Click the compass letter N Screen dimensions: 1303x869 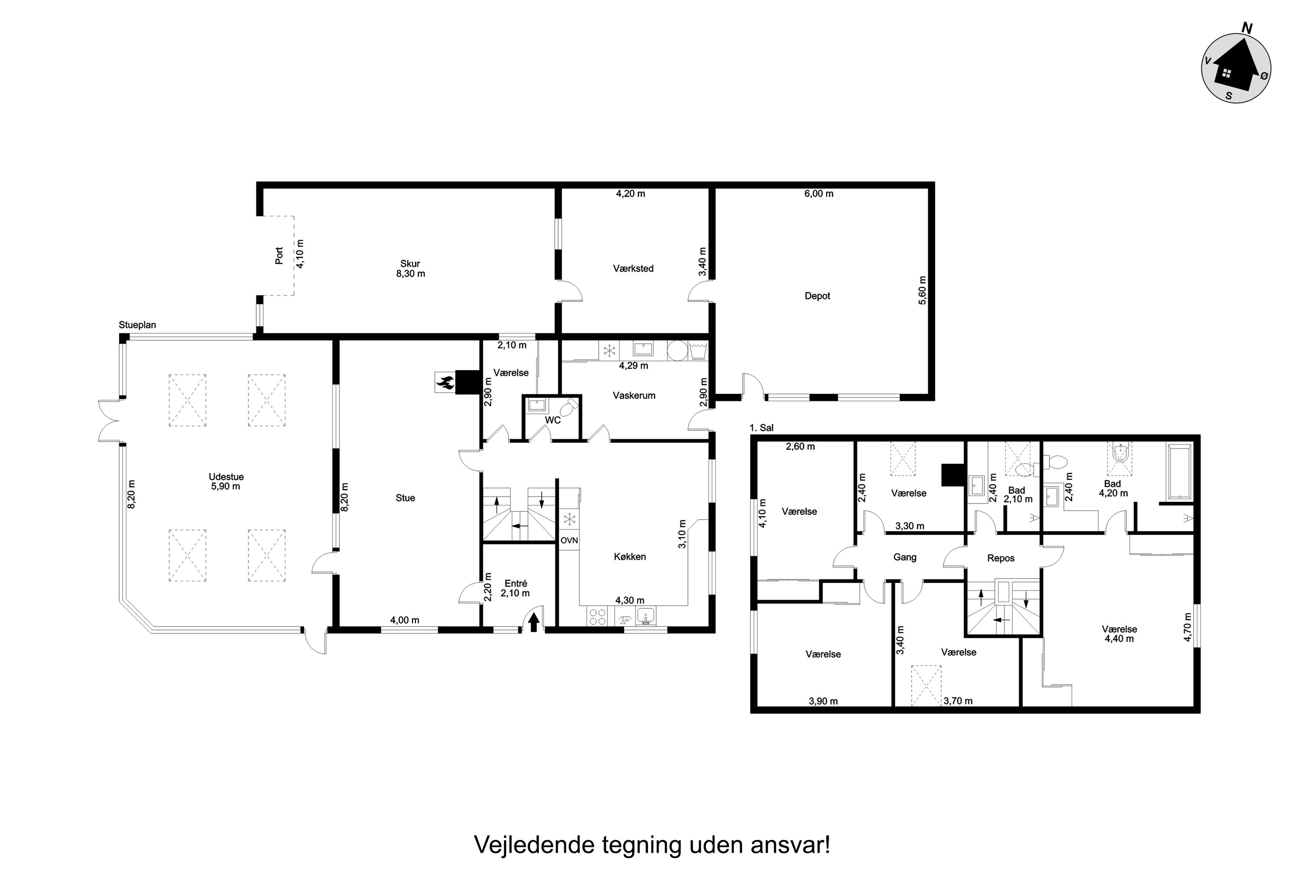coord(1247,28)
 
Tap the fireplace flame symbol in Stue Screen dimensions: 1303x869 coord(445,382)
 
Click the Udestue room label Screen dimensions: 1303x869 coord(226,477)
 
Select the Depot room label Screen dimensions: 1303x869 coord(817,296)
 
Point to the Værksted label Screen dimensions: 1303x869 coord(633,268)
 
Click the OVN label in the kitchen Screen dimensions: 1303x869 coord(569,540)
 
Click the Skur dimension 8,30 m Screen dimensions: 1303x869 coord(410,274)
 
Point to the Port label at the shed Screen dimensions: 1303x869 coord(279,255)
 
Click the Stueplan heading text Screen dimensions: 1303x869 coord(137,325)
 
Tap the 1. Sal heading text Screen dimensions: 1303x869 coord(761,428)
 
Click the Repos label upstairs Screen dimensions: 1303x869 coord(1001,558)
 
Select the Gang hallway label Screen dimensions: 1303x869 coord(905,557)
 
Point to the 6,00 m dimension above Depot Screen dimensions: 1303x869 coord(819,193)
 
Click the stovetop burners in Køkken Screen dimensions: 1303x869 coord(597,617)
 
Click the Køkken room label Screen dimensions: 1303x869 coord(630,557)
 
